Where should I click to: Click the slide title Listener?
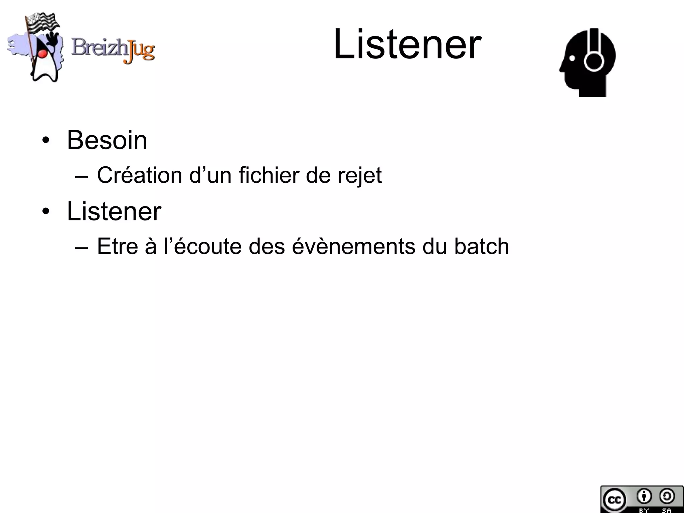(407, 44)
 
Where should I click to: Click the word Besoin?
(107, 140)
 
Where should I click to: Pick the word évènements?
(354, 246)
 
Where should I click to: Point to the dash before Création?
(82, 176)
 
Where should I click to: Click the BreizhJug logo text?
(113, 50)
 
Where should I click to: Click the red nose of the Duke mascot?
(42, 53)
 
